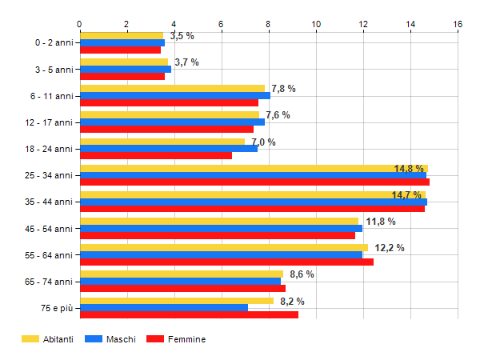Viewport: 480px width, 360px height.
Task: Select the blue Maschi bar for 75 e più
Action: tap(164, 308)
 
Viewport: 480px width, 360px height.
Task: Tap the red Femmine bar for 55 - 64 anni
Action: tap(226, 262)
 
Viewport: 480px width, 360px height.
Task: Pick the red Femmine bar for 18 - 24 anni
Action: tap(156, 155)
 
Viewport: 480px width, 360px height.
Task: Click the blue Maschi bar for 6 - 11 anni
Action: tap(174, 95)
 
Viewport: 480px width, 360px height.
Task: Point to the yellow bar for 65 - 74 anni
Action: tap(182, 274)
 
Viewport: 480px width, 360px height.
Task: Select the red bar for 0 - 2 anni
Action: tap(120, 50)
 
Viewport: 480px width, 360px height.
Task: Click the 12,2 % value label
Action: tap(390, 248)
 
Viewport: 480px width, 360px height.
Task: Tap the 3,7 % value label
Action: tap(186, 62)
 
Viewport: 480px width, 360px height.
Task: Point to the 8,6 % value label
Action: tap(302, 274)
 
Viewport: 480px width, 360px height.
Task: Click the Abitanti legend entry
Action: tap(47, 339)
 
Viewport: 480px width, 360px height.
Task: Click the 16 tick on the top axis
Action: tap(458, 24)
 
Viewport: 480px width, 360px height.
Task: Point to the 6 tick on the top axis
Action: tap(221, 24)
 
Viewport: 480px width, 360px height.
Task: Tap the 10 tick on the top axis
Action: tap(316, 24)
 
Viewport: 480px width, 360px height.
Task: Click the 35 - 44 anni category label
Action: tap(49, 202)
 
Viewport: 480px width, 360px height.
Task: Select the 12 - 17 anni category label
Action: tap(49, 122)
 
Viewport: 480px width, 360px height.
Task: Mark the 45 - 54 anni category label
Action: tap(49, 229)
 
